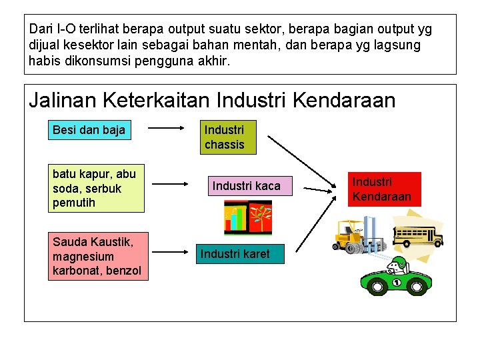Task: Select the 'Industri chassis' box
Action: pos(228,137)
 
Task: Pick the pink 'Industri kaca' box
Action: pos(246,186)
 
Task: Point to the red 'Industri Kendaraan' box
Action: pos(382,189)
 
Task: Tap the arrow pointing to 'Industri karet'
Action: pos(167,253)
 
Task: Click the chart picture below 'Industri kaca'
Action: pos(248,218)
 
